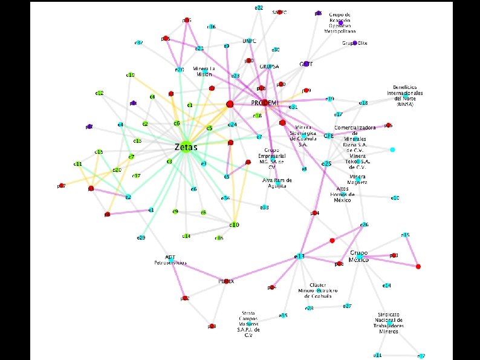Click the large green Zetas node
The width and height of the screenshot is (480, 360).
(x=186, y=146)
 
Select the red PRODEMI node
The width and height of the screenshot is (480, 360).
(x=264, y=103)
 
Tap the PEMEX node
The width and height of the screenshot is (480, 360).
(x=227, y=281)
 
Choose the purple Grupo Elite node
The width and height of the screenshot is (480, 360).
(x=355, y=43)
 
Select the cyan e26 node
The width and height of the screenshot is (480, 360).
(x=364, y=224)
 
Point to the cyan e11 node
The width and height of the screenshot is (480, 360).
(x=378, y=355)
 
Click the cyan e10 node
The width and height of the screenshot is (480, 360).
(x=395, y=198)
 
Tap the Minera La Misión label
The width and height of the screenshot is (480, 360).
(x=204, y=71)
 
